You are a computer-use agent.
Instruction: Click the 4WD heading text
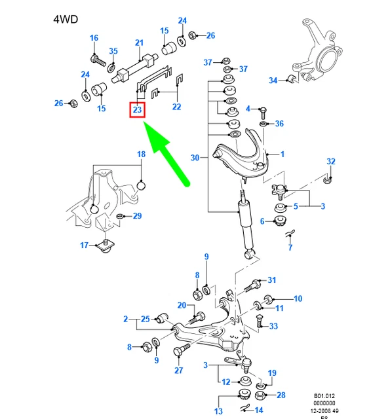[x=66, y=20]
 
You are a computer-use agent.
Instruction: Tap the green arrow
[x=166, y=153]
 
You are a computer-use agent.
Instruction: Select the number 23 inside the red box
[x=137, y=109]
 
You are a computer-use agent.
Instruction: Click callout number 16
[x=94, y=38]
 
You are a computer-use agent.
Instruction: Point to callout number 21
[x=139, y=43]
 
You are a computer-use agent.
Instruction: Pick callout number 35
[x=113, y=51]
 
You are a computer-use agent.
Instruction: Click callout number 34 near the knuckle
[x=273, y=80]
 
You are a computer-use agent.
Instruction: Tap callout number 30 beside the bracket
[x=195, y=158]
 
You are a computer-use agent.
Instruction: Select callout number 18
[x=141, y=155]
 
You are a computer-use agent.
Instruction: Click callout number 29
[x=137, y=216]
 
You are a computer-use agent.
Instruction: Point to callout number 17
[x=85, y=245]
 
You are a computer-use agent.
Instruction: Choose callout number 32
[x=331, y=162]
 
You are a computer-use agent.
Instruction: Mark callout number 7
[x=290, y=247]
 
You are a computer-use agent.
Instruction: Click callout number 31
[x=272, y=280]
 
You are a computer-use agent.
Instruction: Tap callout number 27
[x=179, y=371]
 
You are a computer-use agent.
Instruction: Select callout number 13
[x=218, y=411]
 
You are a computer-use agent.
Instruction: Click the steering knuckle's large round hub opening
[x=329, y=60]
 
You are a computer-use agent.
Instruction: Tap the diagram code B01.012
[x=324, y=396]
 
